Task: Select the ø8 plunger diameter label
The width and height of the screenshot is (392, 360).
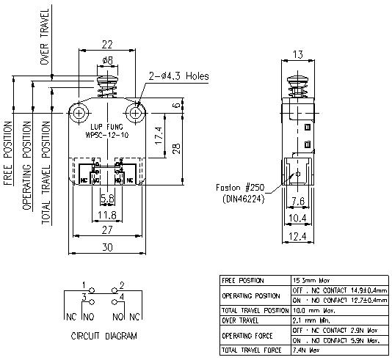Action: tap(107, 59)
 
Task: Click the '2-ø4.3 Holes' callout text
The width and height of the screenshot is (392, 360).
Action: tap(179, 76)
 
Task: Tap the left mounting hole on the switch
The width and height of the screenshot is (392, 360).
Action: tap(79, 112)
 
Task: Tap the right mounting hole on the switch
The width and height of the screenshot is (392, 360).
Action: tap(135, 112)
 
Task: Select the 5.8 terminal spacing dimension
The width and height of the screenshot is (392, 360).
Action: tap(107, 199)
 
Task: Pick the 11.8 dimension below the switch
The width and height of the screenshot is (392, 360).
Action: tap(107, 215)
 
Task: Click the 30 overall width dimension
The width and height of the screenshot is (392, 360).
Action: tap(107, 248)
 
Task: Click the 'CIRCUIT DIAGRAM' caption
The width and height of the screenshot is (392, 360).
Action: tap(104, 337)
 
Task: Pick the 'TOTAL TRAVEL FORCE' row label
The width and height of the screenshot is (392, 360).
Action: tap(250, 350)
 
